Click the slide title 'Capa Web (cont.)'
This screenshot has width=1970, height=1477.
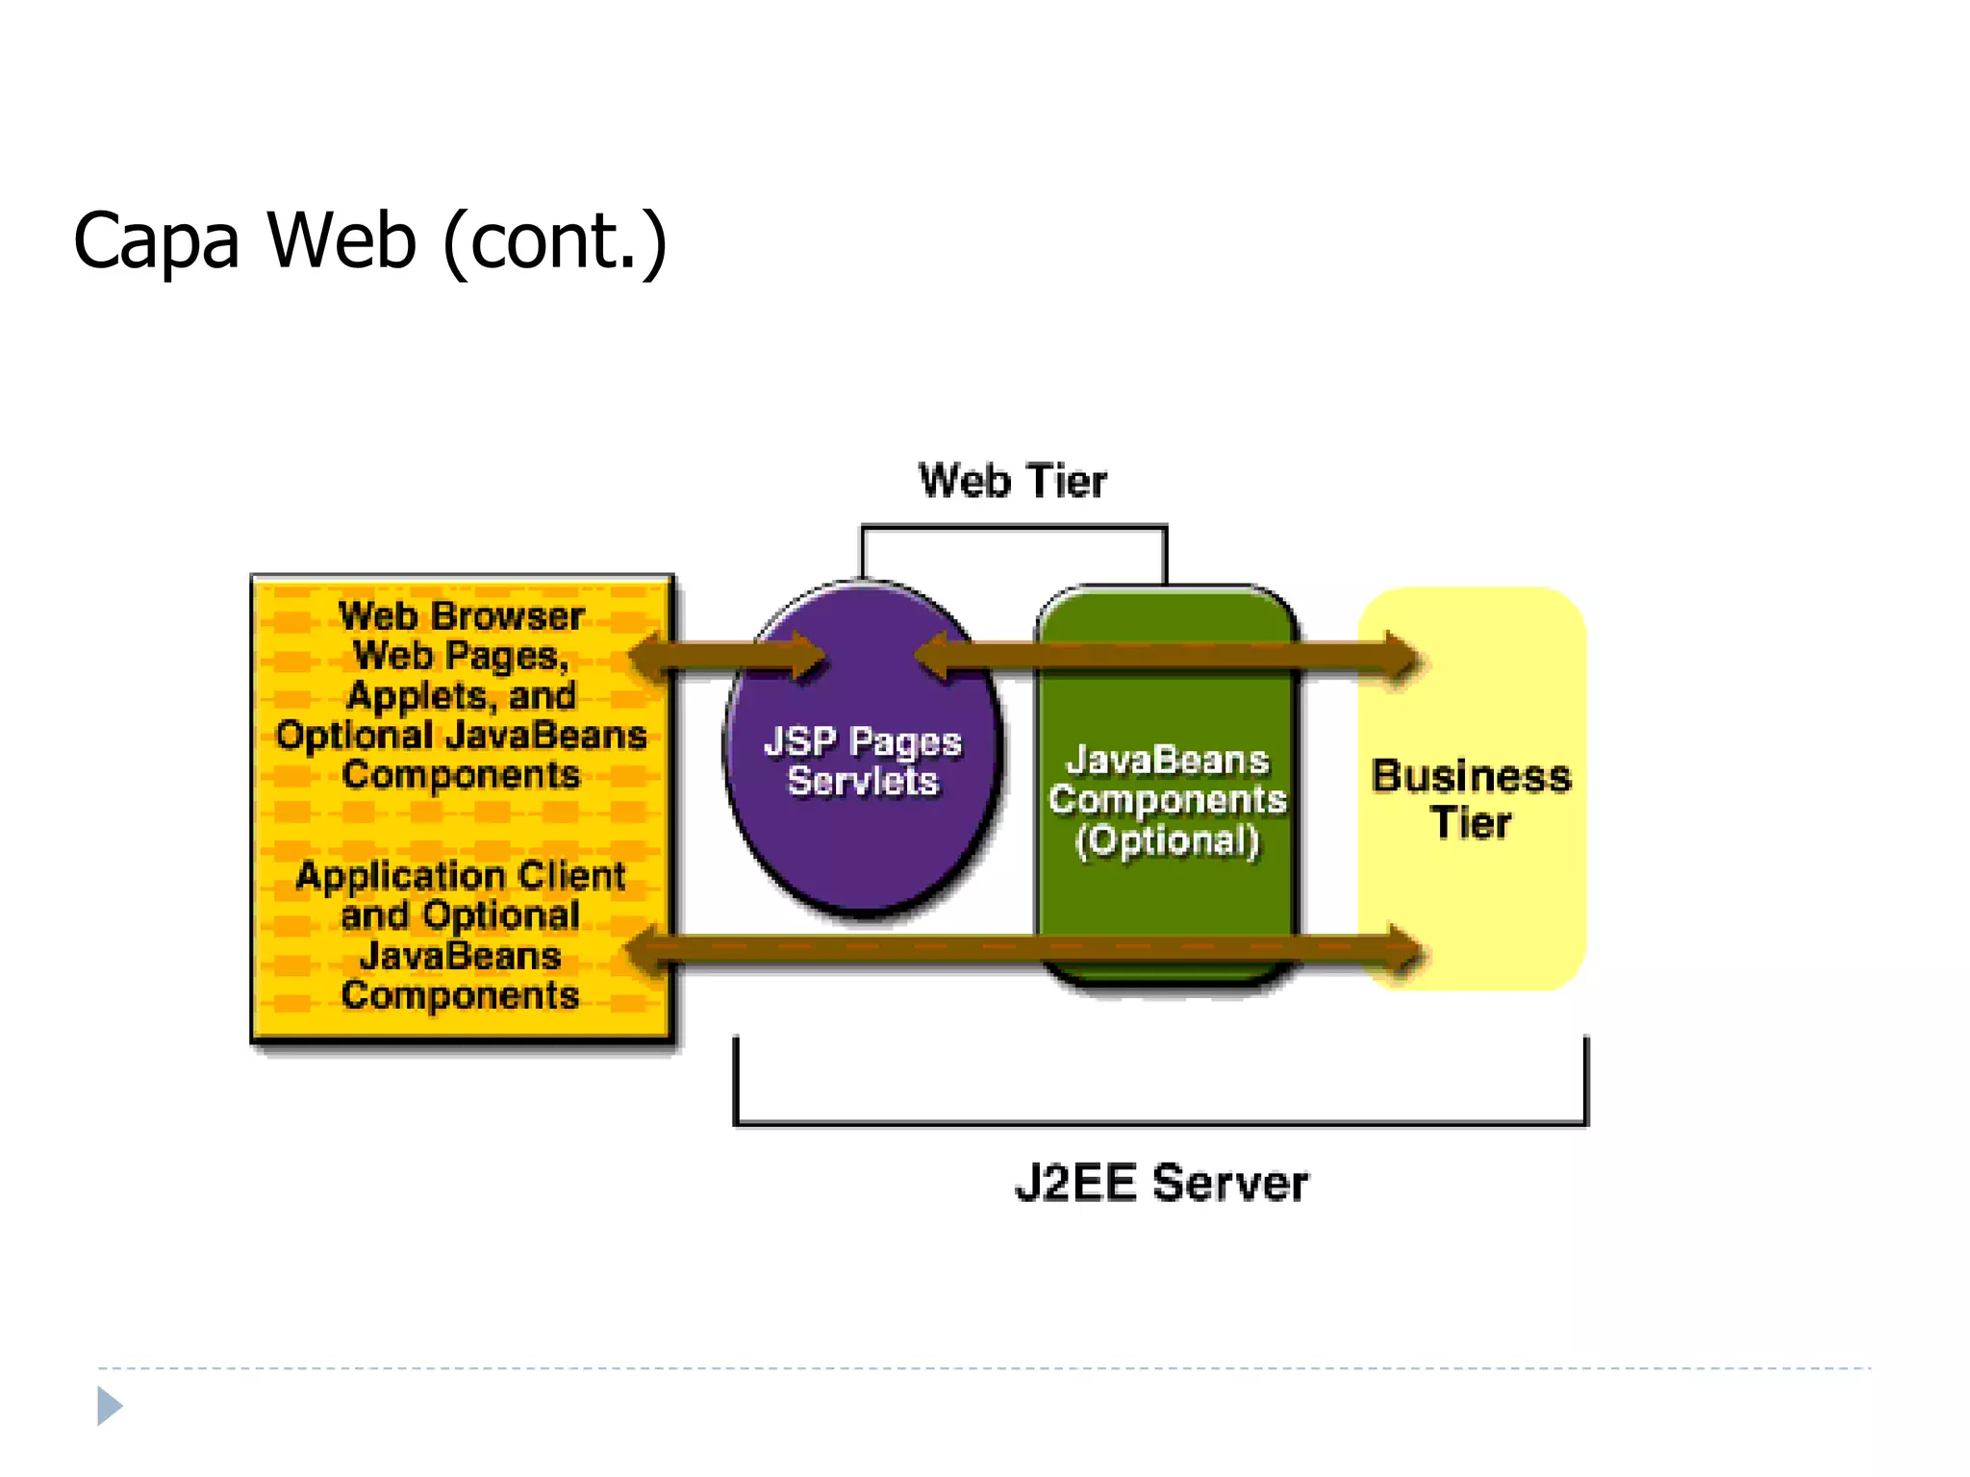coord(369,240)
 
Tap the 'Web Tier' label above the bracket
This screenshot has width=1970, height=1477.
coord(1012,481)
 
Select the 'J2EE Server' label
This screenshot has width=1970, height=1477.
coord(1161,1183)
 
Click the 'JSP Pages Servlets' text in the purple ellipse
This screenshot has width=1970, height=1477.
coord(863,762)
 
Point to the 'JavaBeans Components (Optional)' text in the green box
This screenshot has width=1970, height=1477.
coord(1167,800)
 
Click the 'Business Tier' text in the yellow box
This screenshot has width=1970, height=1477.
coord(1471,799)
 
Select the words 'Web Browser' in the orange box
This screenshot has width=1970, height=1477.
coord(462,616)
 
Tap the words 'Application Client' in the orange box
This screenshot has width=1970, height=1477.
coord(461,876)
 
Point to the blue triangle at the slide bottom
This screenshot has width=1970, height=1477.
coord(109,1406)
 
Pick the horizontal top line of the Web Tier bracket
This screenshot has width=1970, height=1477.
coord(1014,527)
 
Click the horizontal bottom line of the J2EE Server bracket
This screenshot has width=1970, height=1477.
coord(1160,1122)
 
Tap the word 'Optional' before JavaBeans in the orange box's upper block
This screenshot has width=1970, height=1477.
coord(354,736)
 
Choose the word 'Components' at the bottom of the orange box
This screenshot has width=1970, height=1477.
coord(460,995)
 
